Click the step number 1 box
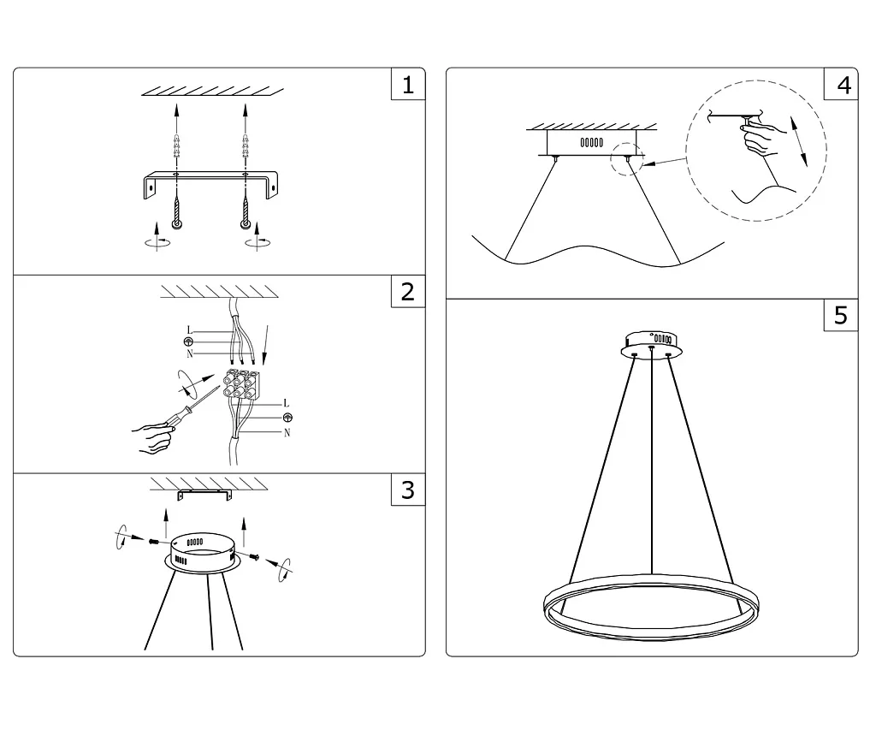[408, 84]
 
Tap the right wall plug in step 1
[245, 147]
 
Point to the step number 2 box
[408, 291]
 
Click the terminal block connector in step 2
[242, 383]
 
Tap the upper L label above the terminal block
[189, 329]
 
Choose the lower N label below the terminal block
[287, 433]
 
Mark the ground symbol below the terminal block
[287, 418]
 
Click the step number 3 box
[408, 490]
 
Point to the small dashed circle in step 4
[628, 159]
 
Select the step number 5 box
[841, 315]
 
